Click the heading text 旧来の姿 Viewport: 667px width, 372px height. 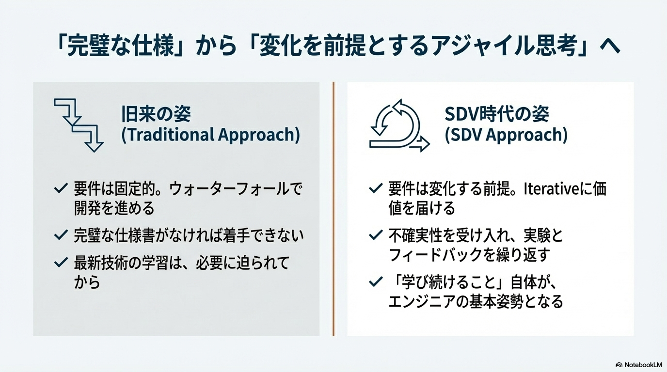pyautogui.click(x=156, y=114)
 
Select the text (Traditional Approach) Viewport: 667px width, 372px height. pyautogui.click(x=210, y=135)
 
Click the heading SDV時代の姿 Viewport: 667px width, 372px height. pyautogui.click(x=497, y=114)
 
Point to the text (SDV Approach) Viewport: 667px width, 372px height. pyautogui.click(x=506, y=135)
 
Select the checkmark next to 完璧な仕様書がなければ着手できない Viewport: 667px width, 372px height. pyautogui.click(x=61, y=235)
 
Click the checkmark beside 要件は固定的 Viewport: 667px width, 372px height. pyautogui.click(x=61, y=188)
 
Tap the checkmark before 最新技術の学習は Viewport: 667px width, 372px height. pyautogui.click(x=61, y=262)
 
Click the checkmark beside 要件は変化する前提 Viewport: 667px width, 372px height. pyautogui.click(x=376, y=188)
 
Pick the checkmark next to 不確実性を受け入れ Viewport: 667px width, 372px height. pyautogui.click(x=376, y=235)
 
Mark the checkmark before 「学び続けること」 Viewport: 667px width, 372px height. pyautogui.click(x=376, y=281)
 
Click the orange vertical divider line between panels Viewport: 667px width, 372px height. pyautogui.click(x=333, y=209)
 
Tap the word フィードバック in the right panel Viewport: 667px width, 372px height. pyautogui.click(x=435, y=255)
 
